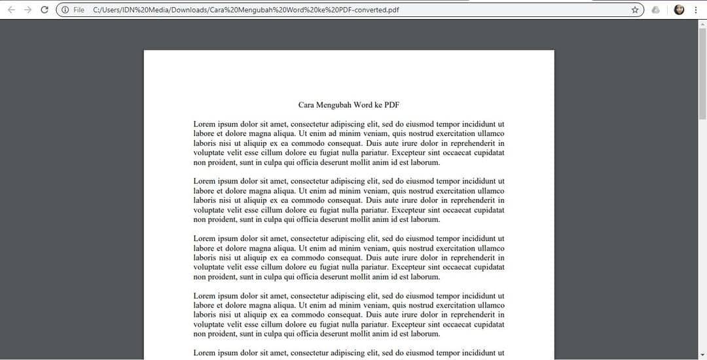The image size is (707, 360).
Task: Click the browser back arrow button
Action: [x=11, y=10]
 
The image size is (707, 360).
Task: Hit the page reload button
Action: [x=45, y=10]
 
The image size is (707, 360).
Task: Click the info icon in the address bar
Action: [x=65, y=10]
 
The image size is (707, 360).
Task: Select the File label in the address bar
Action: [x=79, y=10]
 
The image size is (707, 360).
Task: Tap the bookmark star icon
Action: [x=635, y=10]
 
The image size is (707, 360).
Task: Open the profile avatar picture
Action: [x=679, y=10]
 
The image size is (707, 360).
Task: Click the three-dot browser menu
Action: [x=695, y=10]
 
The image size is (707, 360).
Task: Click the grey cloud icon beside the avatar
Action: [x=656, y=10]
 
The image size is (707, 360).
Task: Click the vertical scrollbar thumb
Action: [x=702, y=72]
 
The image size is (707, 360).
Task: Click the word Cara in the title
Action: [x=306, y=105]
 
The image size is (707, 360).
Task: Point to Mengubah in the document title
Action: [x=335, y=105]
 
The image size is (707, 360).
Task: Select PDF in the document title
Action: [x=391, y=105]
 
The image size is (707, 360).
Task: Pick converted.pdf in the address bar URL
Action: [x=376, y=10]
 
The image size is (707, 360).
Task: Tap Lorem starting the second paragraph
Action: [x=204, y=181]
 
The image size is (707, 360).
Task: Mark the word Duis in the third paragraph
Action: [x=374, y=258]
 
